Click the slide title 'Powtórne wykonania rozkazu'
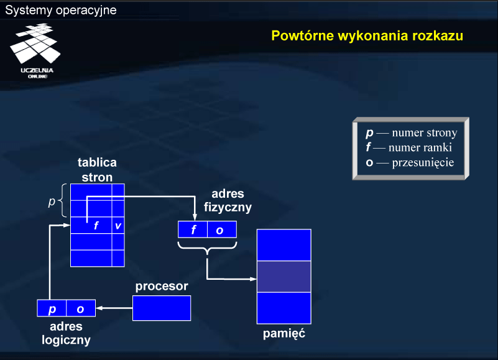(x=367, y=36)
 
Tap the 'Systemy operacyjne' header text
(x=61, y=10)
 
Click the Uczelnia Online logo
(x=35, y=51)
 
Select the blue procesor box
(x=162, y=308)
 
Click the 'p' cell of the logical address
(x=52, y=308)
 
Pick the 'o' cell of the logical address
(x=81, y=308)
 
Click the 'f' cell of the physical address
(x=193, y=229)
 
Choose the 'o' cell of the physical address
(x=222, y=229)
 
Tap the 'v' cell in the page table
(x=118, y=225)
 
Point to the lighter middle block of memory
(x=284, y=277)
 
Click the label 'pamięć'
(x=284, y=334)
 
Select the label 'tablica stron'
(x=97, y=170)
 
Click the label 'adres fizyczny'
(x=228, y=200)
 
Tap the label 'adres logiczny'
(x=66, y=333)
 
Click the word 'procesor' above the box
(x=162, y=286)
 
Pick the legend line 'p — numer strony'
(x=412, y=132)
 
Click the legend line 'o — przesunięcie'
(x=410, y=162)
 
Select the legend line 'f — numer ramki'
(x=408, y=147)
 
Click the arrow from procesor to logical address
(x=114, y=308)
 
